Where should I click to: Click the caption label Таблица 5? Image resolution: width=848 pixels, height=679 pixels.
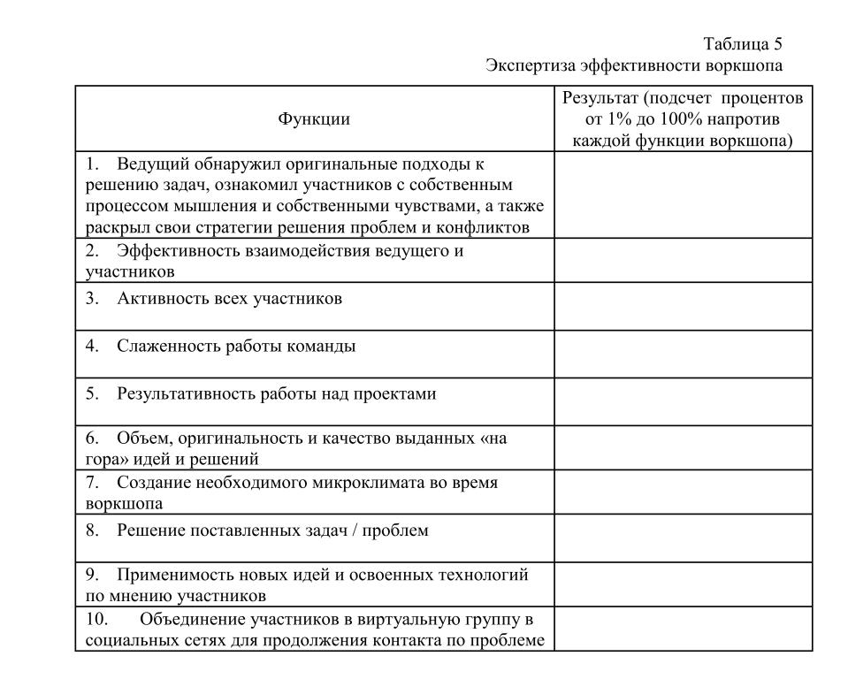point(743,44)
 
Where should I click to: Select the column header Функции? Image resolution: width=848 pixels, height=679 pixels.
point(314,119)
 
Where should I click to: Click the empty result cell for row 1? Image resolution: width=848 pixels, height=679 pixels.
point(683,195)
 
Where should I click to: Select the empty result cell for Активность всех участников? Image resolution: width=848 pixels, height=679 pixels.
point(683,306)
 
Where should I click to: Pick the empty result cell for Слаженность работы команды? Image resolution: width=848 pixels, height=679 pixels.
point(683,354)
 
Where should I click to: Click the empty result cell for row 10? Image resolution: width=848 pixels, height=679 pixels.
point(683,629)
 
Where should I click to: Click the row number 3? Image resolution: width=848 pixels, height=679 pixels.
point(91,299)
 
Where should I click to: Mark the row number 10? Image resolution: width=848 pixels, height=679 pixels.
point(96,619)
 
